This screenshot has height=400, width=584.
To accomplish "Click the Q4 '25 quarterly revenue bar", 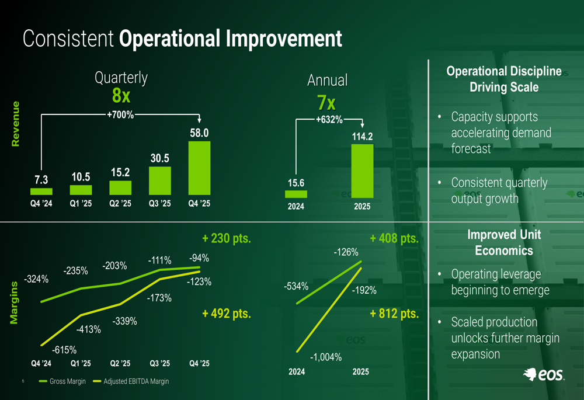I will click(x=199, y=168).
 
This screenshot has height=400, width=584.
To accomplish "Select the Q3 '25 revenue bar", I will click(x=159, y=180).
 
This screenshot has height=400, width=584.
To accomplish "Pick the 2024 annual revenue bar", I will click(x=296, y=194).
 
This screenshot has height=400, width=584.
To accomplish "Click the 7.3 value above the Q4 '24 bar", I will click(x=41, y=180).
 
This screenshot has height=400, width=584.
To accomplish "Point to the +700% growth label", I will click(x=120, y=115).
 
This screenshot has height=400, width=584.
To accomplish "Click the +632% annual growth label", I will click(x=329, y=120).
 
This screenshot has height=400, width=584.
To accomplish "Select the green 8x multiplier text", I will click(x=121, y=96).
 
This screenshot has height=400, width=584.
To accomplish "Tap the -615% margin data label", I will click(x=64, y=350).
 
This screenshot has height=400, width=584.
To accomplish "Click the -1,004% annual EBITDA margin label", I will click(x=326, y=357).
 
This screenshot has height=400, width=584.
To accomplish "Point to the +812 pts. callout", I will click(x=394, y=314).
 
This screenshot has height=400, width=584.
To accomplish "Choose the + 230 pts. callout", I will click(x=227, y=239).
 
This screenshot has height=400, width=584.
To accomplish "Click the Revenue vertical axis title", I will click(x=16, y=124).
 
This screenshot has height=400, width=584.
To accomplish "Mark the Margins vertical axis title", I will click(x=14, y=302).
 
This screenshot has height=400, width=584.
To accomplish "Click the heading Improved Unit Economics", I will click(x=504, y=242).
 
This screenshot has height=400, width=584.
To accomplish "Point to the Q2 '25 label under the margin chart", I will click(x=120, y=363).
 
